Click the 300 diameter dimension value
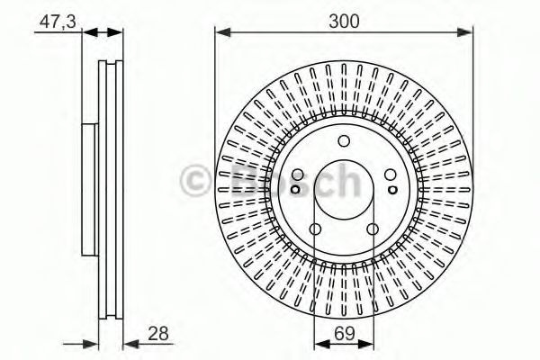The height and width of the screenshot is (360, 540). click(344, 20)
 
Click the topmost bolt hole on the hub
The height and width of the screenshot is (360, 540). click(344, 140)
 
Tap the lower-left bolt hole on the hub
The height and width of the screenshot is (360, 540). click(315, 228)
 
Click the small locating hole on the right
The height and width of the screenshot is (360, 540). click(392, 189)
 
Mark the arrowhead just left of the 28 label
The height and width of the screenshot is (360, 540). click(129, 342)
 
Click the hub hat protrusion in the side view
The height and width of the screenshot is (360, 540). click(88, 189)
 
